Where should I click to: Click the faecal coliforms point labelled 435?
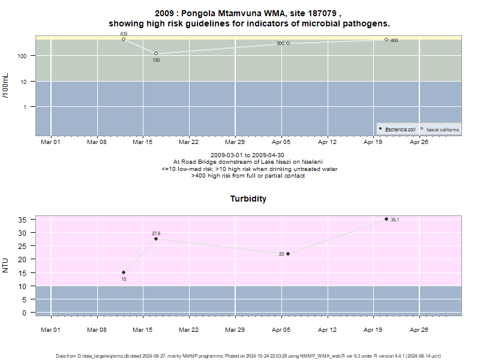[x=124, y=39]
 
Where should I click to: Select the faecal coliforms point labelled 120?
[x=156, y=53]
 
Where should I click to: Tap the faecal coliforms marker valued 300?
[x=288, y=43]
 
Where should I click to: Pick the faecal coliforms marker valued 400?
[x=386, y=40]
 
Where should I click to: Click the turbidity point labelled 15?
[x=124, y=272]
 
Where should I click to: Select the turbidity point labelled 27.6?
[x=156, y=239]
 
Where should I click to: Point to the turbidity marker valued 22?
[x=288, y=254]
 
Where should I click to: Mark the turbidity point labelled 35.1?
[x=386, y=219]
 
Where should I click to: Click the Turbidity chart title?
[x=248, y=199]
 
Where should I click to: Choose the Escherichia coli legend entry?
[x=397, y=130]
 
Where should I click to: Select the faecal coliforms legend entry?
[x=440, y=130]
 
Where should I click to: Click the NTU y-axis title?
[x=5, y=265]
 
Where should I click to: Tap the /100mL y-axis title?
[x=5, y=86]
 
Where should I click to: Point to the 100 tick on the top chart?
[x=22, y=56]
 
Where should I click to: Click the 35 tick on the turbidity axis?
[x=22, y=220]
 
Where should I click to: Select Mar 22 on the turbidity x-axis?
[x=189, y=329]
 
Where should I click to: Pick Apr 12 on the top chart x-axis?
[x=327, y=142]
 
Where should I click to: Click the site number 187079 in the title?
[x=322, y=13]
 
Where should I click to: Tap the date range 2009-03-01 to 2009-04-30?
[x=247, y=155]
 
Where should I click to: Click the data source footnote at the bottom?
[x=248, y=356]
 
